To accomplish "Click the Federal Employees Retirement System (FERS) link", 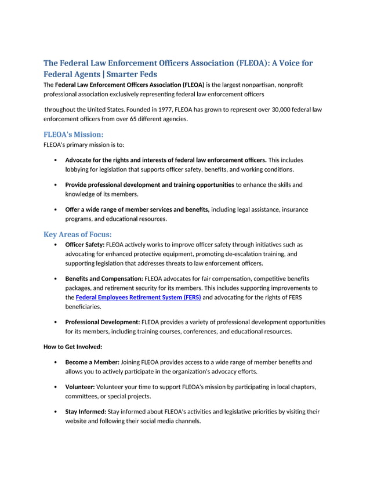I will pyautogui.click(x=139, y=297).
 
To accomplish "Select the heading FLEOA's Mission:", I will pyautogui.click(x=74, y=135).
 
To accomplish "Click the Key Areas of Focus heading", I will pyautogui.click(x=78, y=235).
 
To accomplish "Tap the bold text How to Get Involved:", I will pyautogui.click(x=72, y=347).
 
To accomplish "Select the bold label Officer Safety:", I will pyautogui.click(x=85, y=245).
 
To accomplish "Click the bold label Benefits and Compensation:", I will pyautogui.click(x=104, y=278).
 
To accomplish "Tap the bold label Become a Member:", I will pyautogui.click(x=92, y=362).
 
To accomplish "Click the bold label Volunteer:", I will pyautogui.click(x=80, y=386).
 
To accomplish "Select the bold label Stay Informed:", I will pyautogui.click(x=85, y=412).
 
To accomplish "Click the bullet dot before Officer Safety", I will pyautogui.click(x=55, y=245).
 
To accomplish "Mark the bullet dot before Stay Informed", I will pyautogui.click(x=55, y=412).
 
